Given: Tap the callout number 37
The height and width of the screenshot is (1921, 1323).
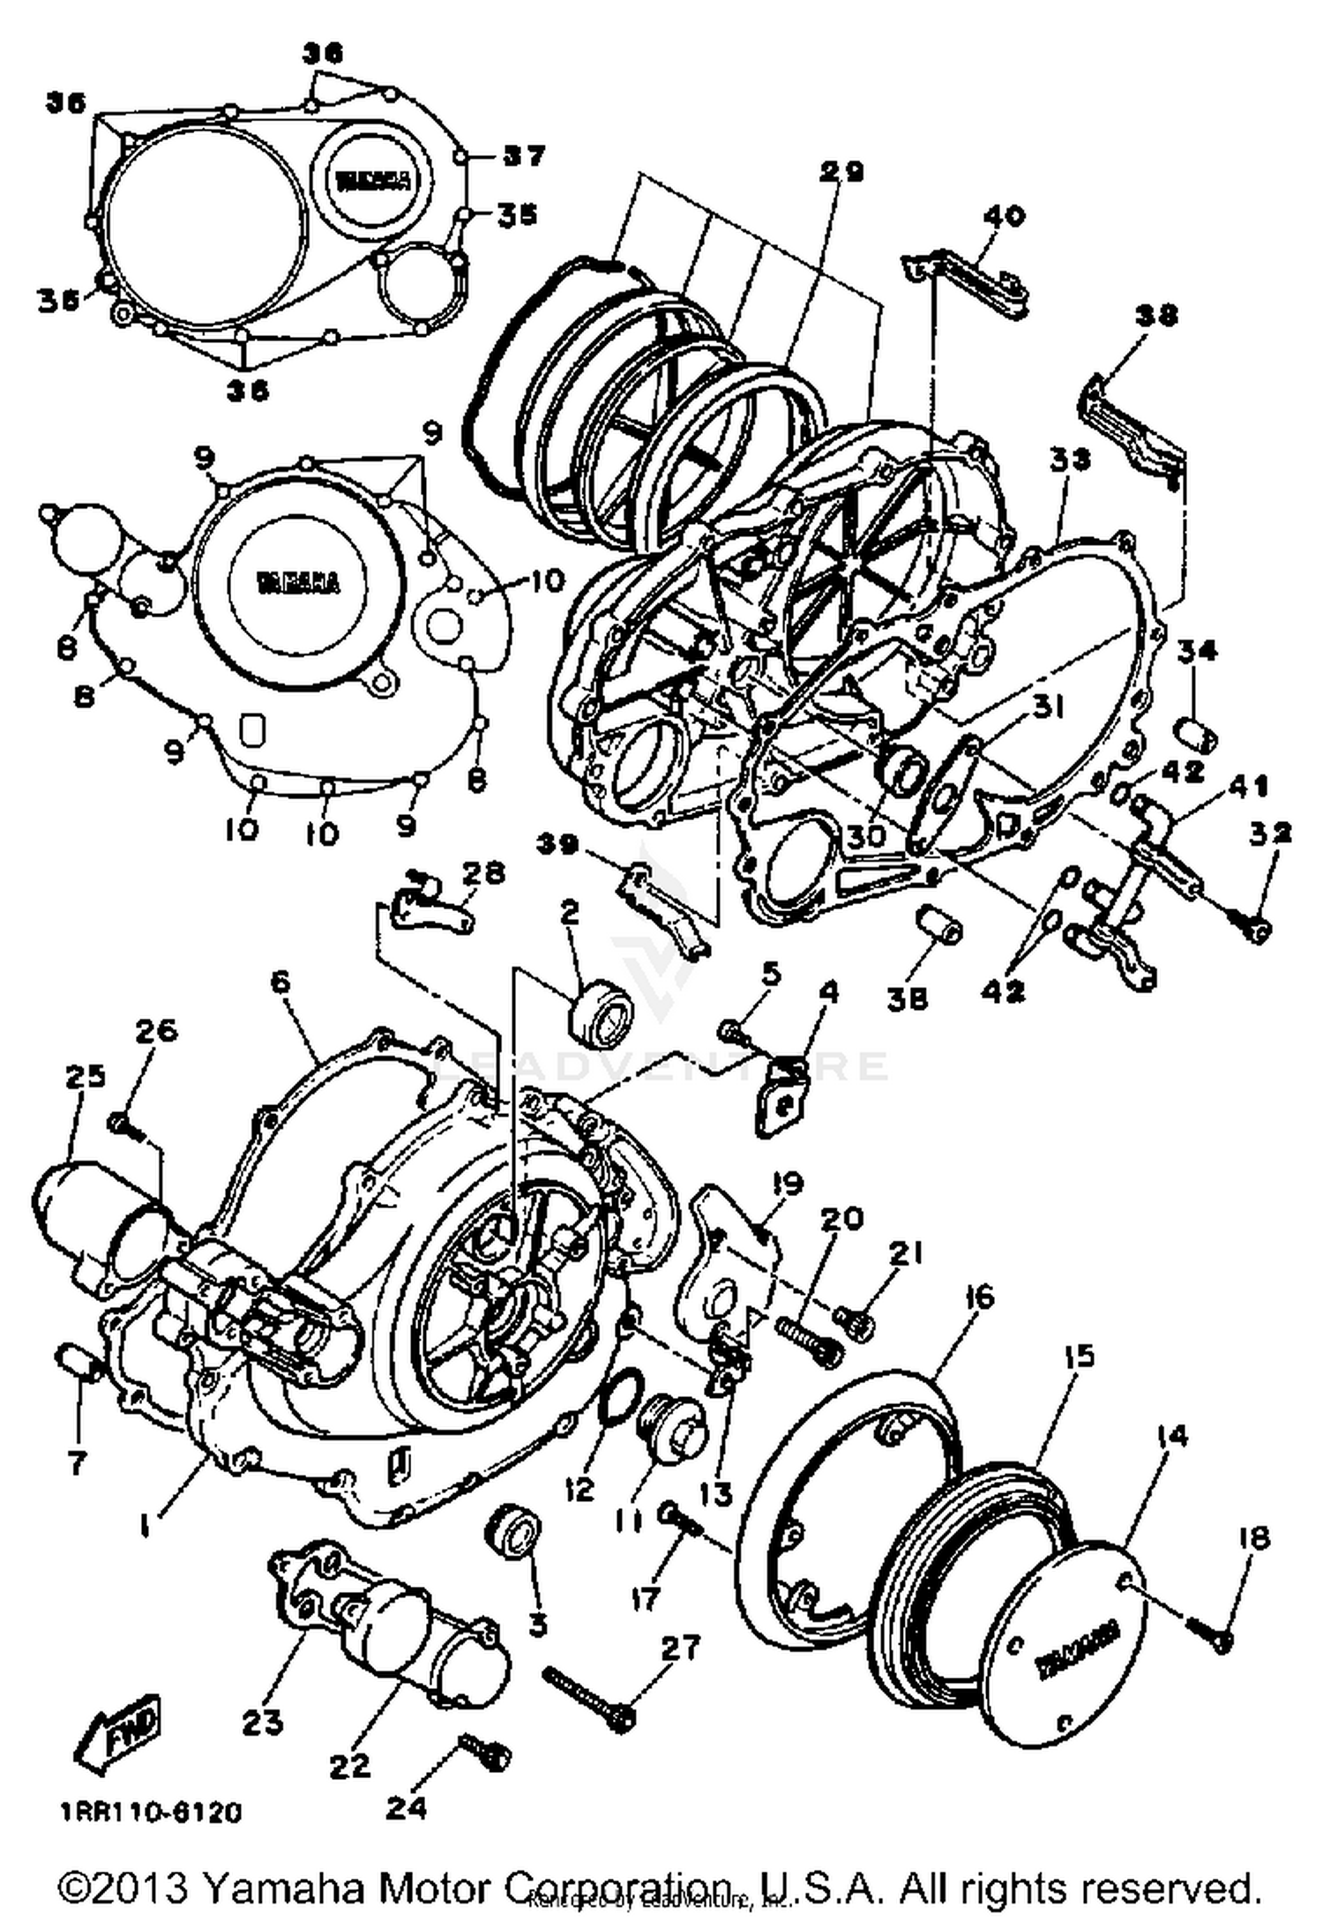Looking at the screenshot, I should pos(524,156).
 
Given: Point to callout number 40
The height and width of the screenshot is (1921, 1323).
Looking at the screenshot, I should pos(1005,216).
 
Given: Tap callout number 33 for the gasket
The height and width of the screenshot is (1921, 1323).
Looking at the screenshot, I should pos(1070,459).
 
